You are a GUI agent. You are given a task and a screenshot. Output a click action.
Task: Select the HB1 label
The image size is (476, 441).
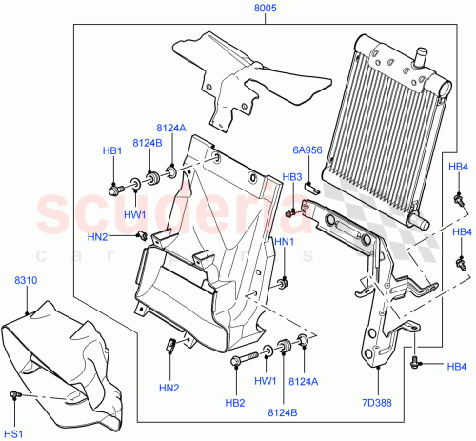pyautogui.click(x=112, y=151)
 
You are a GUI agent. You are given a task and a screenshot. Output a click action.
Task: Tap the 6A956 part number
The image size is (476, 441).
pyautogui.click(x=306, y=150)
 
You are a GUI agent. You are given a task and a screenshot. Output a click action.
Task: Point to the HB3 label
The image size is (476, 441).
pyautogui.click(x=291, y=177)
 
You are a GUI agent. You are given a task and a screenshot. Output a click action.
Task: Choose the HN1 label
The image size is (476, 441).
pyautogui.click(x=284, y=243)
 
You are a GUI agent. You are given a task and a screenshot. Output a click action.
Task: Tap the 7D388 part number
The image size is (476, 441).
pyautogui.click(x=377, y=403)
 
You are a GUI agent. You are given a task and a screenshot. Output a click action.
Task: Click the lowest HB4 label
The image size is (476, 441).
pyautogui.click(x=457, y=368)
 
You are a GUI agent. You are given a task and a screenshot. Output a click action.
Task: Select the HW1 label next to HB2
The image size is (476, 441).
pyautogui.click(x=266, y=381)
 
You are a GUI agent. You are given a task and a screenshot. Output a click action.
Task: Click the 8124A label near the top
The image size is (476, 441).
pyautogui.click(x=171, y=127)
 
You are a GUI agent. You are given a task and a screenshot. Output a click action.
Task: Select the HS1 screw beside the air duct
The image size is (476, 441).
pyautogui.click(x=14, y=393)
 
